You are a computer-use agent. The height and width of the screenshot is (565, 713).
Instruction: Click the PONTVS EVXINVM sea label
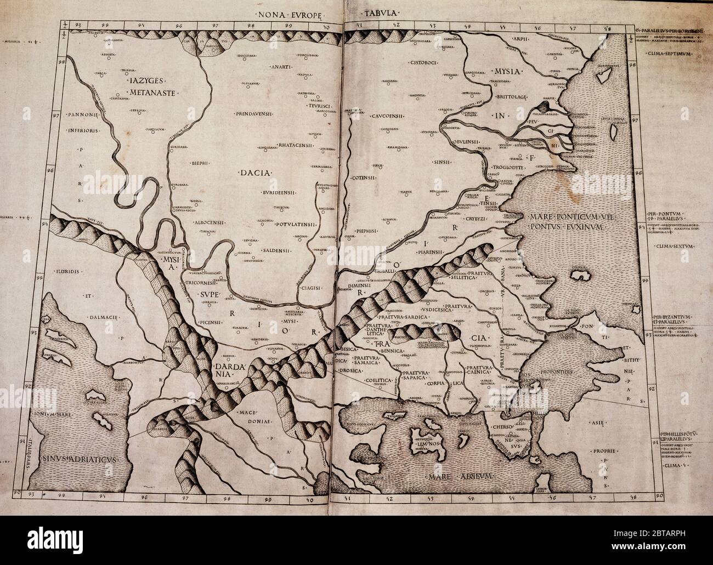(x=565, y=225)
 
